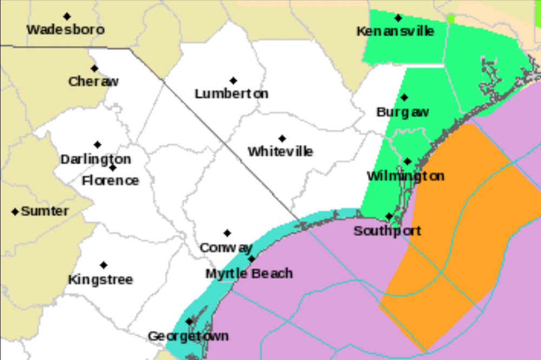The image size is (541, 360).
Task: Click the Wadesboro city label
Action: click(65, 30)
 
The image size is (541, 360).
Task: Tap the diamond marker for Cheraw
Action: click(95, 69)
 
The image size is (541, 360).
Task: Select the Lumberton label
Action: click(232, 94)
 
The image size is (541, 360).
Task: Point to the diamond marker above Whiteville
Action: click(282, 138)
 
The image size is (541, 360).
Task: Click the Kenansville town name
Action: click(395, 31)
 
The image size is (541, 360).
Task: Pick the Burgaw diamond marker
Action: click(404, 98)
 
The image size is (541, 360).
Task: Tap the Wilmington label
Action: click(406, 176)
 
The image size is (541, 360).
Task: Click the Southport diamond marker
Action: click(389, 216)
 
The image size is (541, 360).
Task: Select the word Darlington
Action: click(96, 159)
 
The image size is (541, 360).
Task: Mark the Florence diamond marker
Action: click(113, 168)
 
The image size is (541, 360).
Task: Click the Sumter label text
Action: click(45, 211)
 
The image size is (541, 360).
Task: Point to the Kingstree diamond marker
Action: click(103, 265)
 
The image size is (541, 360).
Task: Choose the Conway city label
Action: click(227, 248)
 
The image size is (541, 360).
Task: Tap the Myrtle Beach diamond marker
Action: click(252, 259)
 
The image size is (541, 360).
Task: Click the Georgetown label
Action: click(188, 336)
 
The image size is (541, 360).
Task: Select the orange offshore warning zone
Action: click(460, 227)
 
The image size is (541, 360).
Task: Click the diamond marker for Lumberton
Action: click(233, 81)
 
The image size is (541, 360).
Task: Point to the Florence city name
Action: click(110, 181)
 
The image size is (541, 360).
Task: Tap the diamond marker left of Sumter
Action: click(15, 211)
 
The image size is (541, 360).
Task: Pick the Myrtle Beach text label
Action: click(249, 274)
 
